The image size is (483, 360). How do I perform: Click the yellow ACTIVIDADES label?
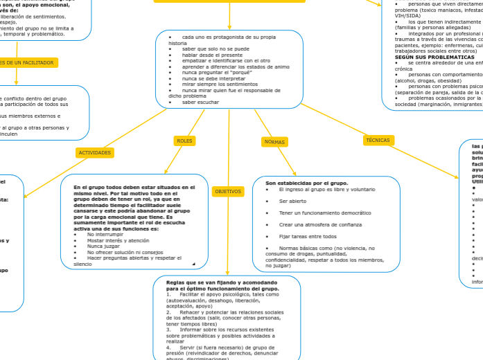click(x=95, y=152)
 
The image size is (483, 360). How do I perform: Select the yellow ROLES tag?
click(x=184, y=141)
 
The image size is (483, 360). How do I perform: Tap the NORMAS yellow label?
click(x=274, y=142)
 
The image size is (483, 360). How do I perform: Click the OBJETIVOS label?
click(x=228, y=191)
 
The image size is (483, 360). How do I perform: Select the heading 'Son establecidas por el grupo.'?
click(x=306, y=183)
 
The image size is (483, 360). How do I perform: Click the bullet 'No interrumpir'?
click(x=102, y=234)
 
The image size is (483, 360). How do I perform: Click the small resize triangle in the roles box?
click(x=204, y=263)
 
